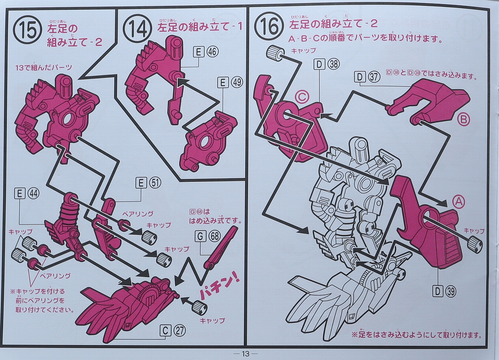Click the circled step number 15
[28, 31]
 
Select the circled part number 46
[212, 52]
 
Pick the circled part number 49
[237, 83]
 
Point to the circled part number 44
[33, 193]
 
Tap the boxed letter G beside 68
[200, 236]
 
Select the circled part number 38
[334, 64]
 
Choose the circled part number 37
[374, 77]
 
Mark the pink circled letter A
[458, 201]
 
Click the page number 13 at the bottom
[245, 353]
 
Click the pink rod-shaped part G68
[221, 247]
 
